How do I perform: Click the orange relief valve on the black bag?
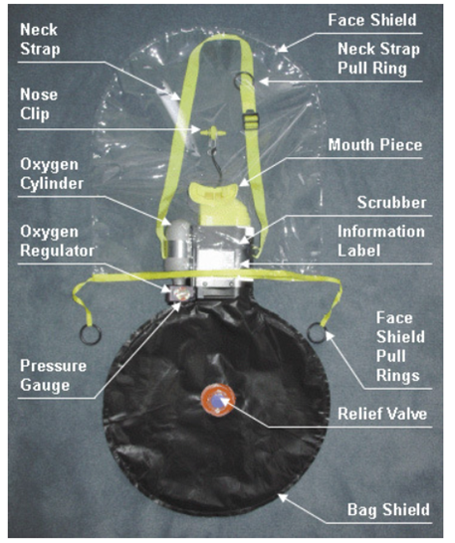point(218,400)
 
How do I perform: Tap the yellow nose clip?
point(213,132)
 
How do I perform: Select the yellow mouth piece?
point(218,204)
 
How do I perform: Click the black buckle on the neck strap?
point(250,119)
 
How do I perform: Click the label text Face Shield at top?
point(372,20)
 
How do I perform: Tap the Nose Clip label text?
point(39,103)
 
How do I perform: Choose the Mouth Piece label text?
point(375,145)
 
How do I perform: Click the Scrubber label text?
point(391,203)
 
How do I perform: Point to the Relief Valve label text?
point(382,414)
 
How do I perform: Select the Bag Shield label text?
point(388,510)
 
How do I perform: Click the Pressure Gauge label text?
point(54,376)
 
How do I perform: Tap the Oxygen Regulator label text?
point(57,242)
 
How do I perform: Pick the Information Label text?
point(381,241)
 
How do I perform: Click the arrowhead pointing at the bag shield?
point(283,497)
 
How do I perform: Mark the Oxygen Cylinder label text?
point(52,174)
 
